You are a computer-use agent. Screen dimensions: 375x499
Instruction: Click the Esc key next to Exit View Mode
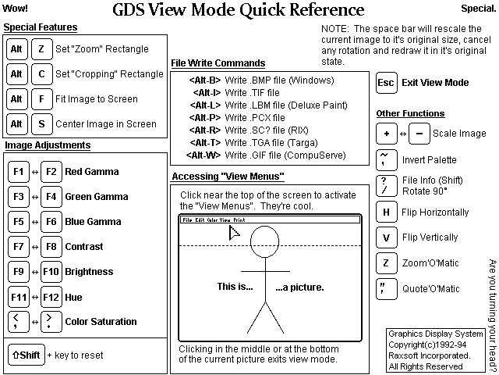(x=386, y=83)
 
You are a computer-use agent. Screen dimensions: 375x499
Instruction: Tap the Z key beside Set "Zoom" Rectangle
(x=41, y=49)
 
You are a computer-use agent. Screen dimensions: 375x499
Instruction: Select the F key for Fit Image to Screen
(x=41, y=99)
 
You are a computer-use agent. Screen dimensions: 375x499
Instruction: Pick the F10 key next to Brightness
(x=51, y=272)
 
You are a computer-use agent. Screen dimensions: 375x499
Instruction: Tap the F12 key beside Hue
(x=51, y=297)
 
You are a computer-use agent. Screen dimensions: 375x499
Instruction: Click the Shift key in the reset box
(x=25, y=355)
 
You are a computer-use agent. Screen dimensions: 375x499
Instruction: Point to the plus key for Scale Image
(x=386, y=134)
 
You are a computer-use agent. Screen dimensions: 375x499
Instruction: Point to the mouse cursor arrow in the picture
(x=233, y=232)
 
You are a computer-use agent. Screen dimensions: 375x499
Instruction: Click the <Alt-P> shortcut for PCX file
(x=205, y=117)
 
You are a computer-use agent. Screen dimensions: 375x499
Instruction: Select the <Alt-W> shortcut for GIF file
(x=203, y=155)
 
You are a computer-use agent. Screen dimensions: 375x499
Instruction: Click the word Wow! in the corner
(x=16, y=9)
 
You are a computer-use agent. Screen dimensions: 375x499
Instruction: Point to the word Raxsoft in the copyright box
(x=407, y=354)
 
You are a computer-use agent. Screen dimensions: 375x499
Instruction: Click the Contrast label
(x=84, y=247)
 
